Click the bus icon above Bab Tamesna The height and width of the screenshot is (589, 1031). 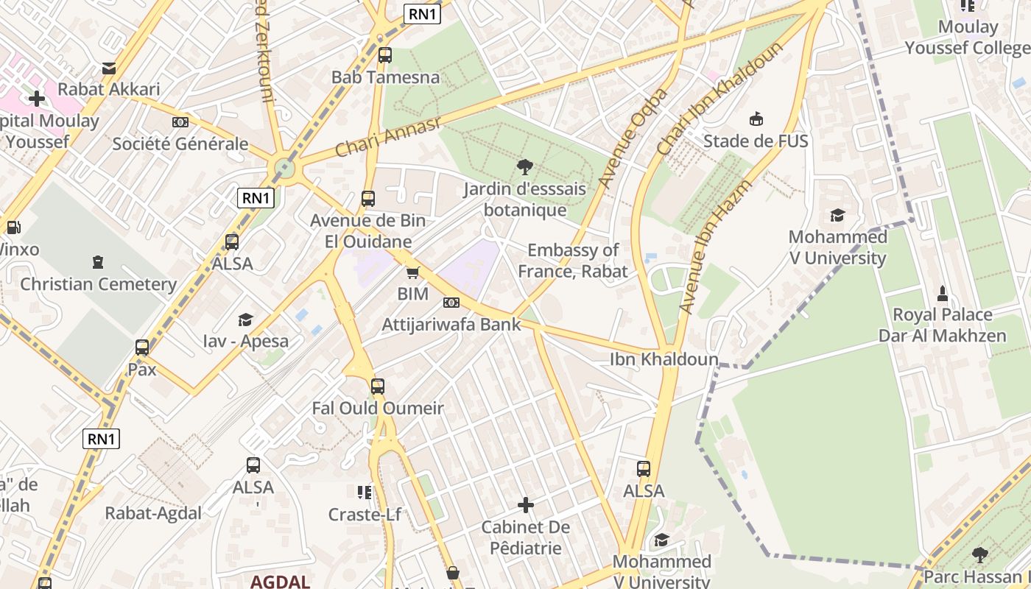(x=384, y=55)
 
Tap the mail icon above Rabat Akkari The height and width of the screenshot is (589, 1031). (x=109, y=68)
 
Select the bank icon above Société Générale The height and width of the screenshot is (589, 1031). (x=180, y=122)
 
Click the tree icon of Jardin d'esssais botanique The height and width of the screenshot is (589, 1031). (x=525, y=166)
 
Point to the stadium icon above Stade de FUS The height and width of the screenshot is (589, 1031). (x=756, y=119)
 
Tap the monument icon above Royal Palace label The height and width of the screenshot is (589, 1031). (x=942, y=294)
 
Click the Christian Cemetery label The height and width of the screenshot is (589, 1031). (x=98, y=284)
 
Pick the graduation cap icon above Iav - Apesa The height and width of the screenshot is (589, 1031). (x=245, y=320)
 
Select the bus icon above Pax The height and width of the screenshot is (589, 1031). (x=142, y=348)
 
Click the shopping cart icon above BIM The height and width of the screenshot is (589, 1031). (x=412, y=272)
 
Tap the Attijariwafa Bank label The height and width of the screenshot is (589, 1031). (x=451, y=324)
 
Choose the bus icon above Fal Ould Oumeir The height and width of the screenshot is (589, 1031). (x=378, y=386)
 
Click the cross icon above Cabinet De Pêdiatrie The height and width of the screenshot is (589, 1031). (x=526, y=505)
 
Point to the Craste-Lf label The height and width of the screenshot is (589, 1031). (x=365, y=514)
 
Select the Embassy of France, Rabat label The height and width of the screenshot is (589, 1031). (x=573, y=261)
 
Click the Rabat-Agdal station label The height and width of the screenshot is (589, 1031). (x=153, y=513)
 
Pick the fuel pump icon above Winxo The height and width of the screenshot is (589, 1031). (x=13, y=228)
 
